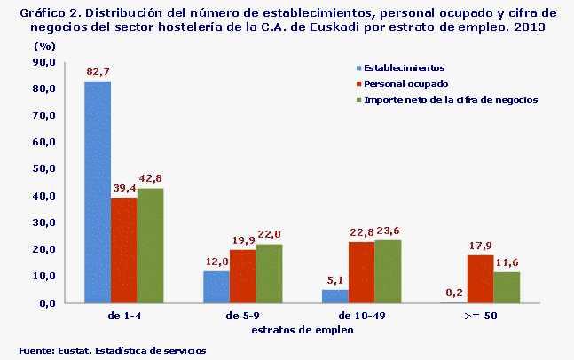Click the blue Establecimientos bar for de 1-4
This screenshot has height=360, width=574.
[98, 192]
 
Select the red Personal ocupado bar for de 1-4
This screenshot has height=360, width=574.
[124, 250]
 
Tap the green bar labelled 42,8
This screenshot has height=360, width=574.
[150, 246]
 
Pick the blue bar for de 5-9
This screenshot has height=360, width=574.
[216, 286]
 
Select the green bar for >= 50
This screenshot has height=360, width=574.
[507, 287]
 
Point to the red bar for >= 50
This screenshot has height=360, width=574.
[480, 279]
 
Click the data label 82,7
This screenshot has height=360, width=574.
[98, 71]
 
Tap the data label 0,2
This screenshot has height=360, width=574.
[454, 293]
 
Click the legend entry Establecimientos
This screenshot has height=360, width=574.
[404, 68]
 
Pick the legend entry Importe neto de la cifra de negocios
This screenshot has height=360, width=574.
[451, 100]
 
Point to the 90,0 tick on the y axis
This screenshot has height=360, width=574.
[44, 62]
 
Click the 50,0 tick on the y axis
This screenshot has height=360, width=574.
[44, 168]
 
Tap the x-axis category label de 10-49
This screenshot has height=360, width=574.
[361, 314]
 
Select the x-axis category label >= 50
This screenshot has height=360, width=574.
[480, 314]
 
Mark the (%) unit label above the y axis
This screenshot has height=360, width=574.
[44, 45]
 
